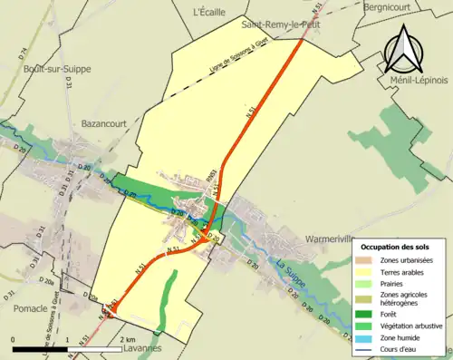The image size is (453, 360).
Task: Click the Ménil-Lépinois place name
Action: (x=418, y=80)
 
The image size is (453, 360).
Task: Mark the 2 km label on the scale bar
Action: (x=128, y=340)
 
